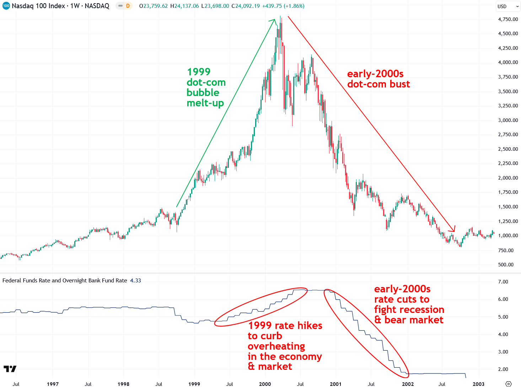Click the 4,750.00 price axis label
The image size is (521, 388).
508,19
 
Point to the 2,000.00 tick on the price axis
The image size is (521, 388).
508,178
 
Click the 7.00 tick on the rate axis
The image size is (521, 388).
503,282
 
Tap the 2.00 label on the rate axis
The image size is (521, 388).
503,369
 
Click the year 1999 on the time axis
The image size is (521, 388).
194,384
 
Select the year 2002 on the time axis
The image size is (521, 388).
408,384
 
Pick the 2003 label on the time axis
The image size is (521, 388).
478,384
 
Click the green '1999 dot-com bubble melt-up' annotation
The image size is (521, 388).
206,87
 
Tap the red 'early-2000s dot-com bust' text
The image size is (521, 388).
378,79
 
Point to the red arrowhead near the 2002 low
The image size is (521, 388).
453,229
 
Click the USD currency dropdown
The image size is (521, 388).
508,6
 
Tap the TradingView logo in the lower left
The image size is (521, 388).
10,369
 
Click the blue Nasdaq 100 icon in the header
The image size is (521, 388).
6,6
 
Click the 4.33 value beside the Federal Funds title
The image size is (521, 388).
135,281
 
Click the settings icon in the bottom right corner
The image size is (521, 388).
509,384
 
